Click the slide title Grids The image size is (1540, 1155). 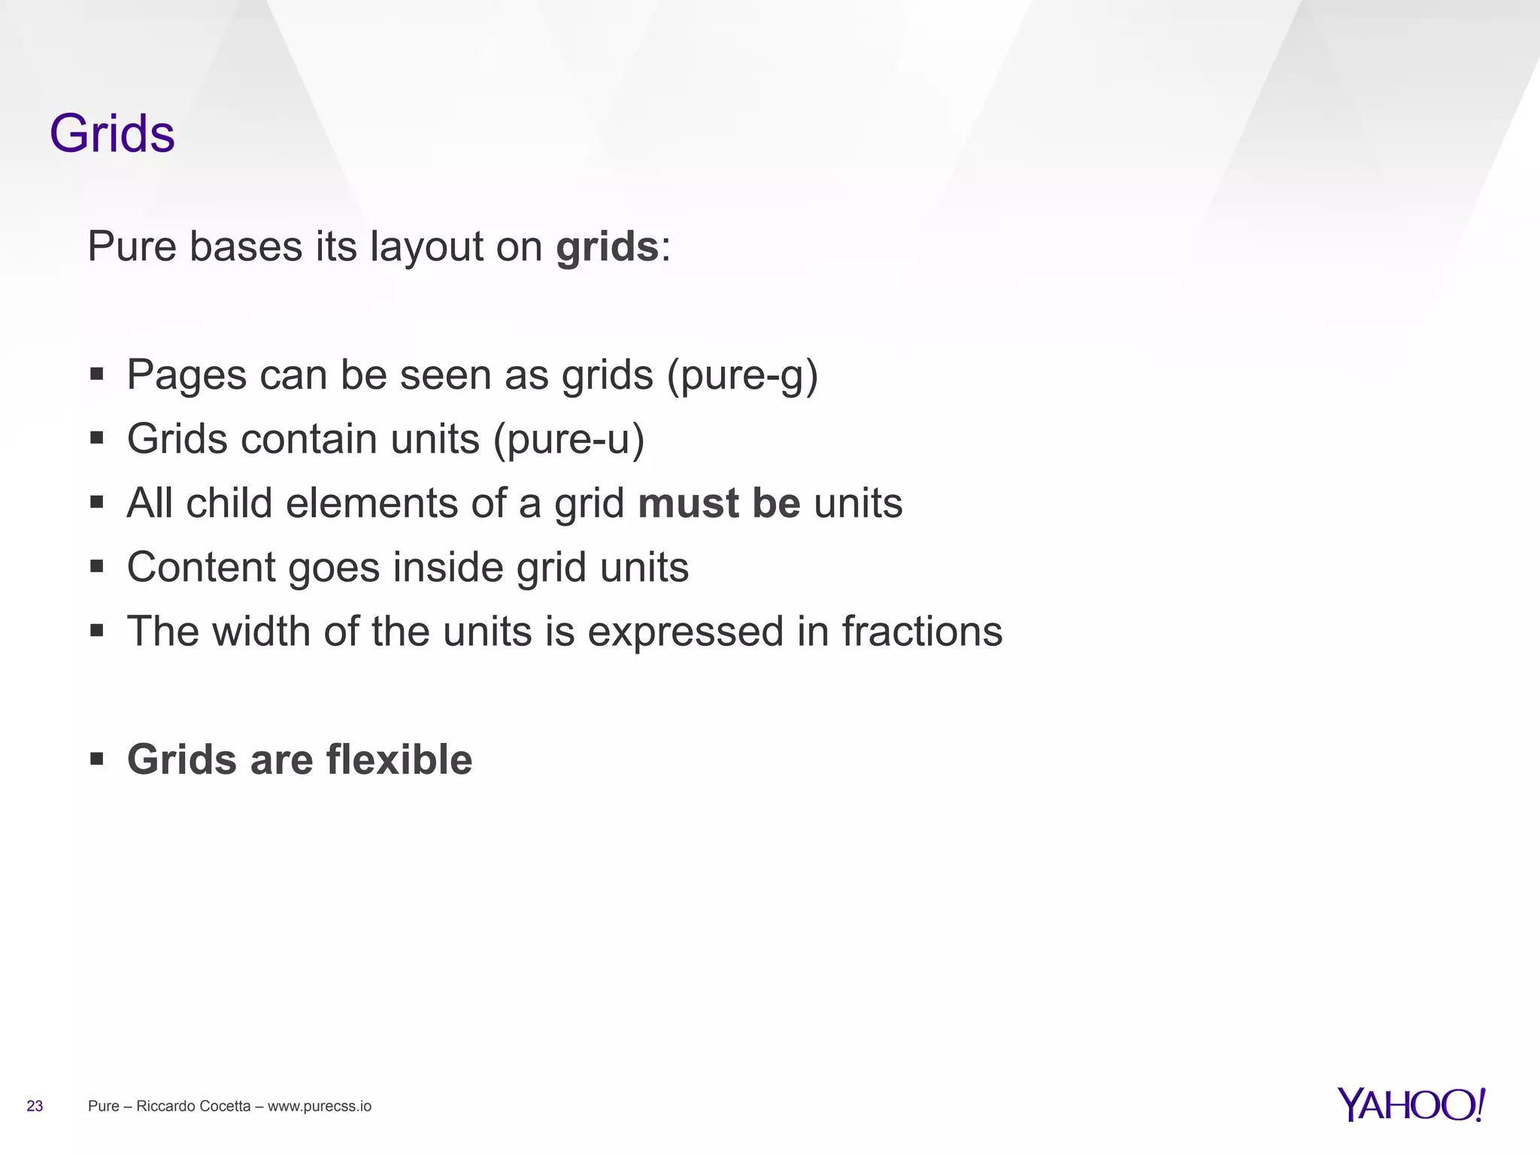pos(112,134)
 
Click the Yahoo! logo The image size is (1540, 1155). pos(1411,1105)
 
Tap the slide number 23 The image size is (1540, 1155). pos(35,1106)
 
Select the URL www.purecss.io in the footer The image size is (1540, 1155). pos(320,1106)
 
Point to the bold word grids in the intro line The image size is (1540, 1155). pos(607,247)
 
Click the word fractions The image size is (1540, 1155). pos(922,631)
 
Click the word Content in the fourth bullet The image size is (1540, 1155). pos(201,567)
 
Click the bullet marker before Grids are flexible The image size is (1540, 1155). pos(96,759)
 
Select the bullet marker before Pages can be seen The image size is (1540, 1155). pos(96,374)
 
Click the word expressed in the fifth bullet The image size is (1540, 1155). pos(685,632)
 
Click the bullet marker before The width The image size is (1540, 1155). pos(96,630)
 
